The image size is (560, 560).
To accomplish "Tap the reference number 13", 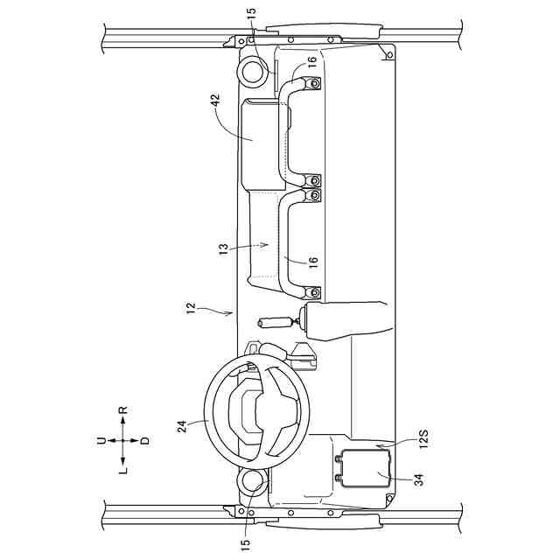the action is pyautogui.click(x=223, y=248).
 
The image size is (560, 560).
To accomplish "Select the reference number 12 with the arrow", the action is pyautogui.click(x=191, y=308).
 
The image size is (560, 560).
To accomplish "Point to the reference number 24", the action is pyautogui.click(x=182, y=426).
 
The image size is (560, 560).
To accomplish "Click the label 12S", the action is pyautogui.click(x=423, y=439).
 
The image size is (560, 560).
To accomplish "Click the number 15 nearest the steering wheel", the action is pyautogui.click(x=245, y=545).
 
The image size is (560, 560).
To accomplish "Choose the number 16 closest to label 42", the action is pyautogui.click(x=311, y=62).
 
